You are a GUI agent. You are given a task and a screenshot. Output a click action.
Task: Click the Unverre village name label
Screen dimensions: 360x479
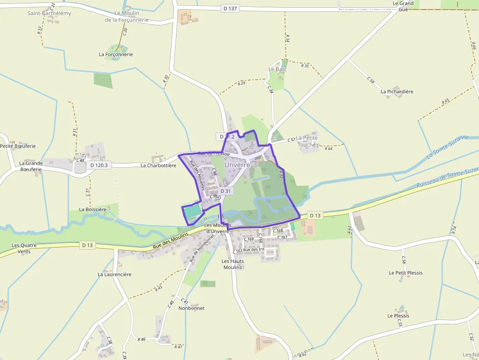point(237,165)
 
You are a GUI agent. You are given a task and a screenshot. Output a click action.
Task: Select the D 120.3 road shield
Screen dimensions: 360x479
point(99,165)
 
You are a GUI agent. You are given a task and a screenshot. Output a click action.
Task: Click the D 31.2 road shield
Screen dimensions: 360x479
point(227,137)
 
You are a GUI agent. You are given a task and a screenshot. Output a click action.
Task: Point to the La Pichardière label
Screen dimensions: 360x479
point(397,91)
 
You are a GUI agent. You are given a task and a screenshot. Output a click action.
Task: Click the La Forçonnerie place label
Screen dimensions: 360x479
point(116,54)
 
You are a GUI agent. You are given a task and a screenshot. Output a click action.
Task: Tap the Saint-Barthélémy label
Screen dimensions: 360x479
point(49,13)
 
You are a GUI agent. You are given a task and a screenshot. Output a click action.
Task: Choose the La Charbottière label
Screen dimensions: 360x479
point(158,166)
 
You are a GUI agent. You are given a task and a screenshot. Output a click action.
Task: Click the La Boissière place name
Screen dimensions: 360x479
point(93,210)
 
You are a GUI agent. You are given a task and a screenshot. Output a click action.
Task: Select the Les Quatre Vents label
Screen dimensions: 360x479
point(21,248)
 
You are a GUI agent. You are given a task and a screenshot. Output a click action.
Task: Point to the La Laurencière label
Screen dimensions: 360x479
point(114,275)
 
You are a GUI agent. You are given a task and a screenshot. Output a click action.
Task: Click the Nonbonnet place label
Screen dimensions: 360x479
point(191,308)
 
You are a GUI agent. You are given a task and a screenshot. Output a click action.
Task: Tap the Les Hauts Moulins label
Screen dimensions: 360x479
point(233,264)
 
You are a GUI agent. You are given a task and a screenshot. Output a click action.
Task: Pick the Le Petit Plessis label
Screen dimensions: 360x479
point(406,273)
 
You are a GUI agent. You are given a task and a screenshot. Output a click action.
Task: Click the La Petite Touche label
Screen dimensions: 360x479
point(307,141)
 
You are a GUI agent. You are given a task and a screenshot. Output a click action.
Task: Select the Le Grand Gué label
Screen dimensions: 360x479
point(403,6)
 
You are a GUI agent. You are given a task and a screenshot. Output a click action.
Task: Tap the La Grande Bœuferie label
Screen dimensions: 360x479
point(31,166)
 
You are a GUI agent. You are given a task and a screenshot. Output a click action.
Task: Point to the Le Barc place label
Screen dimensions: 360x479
point(278,69)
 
